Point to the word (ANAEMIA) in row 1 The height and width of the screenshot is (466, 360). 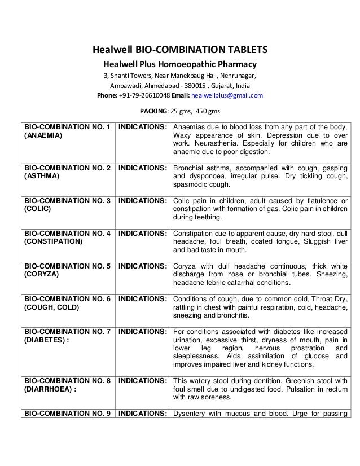coord(43,136)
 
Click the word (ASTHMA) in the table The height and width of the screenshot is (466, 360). coord(41,176)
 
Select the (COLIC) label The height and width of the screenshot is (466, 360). coord(37,208)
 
